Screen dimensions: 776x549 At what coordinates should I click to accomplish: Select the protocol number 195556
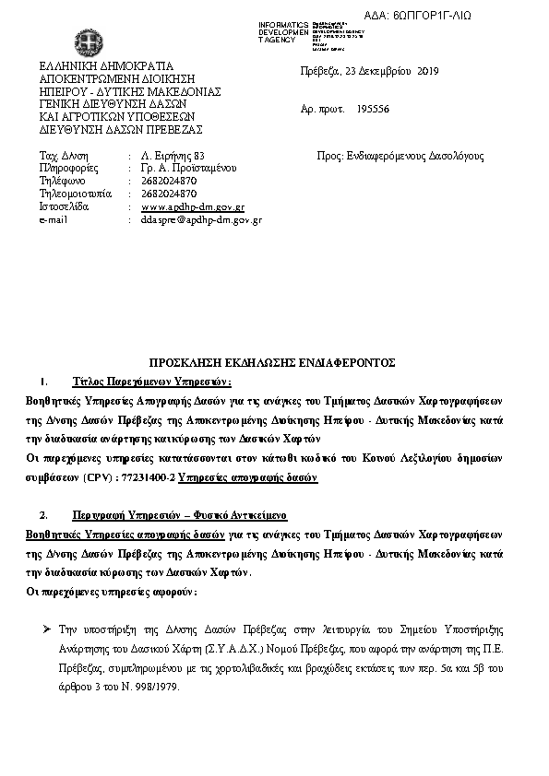coord(373,109)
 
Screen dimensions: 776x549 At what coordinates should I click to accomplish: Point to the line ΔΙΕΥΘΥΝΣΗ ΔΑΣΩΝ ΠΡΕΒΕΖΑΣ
coord(120,130)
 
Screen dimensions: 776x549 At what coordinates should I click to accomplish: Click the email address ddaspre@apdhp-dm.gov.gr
coord(202,221)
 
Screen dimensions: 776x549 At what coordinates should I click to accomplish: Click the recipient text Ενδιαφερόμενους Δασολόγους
coord(412,156)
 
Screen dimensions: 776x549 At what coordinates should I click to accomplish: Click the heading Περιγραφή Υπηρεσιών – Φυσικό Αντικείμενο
coord(179,515)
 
